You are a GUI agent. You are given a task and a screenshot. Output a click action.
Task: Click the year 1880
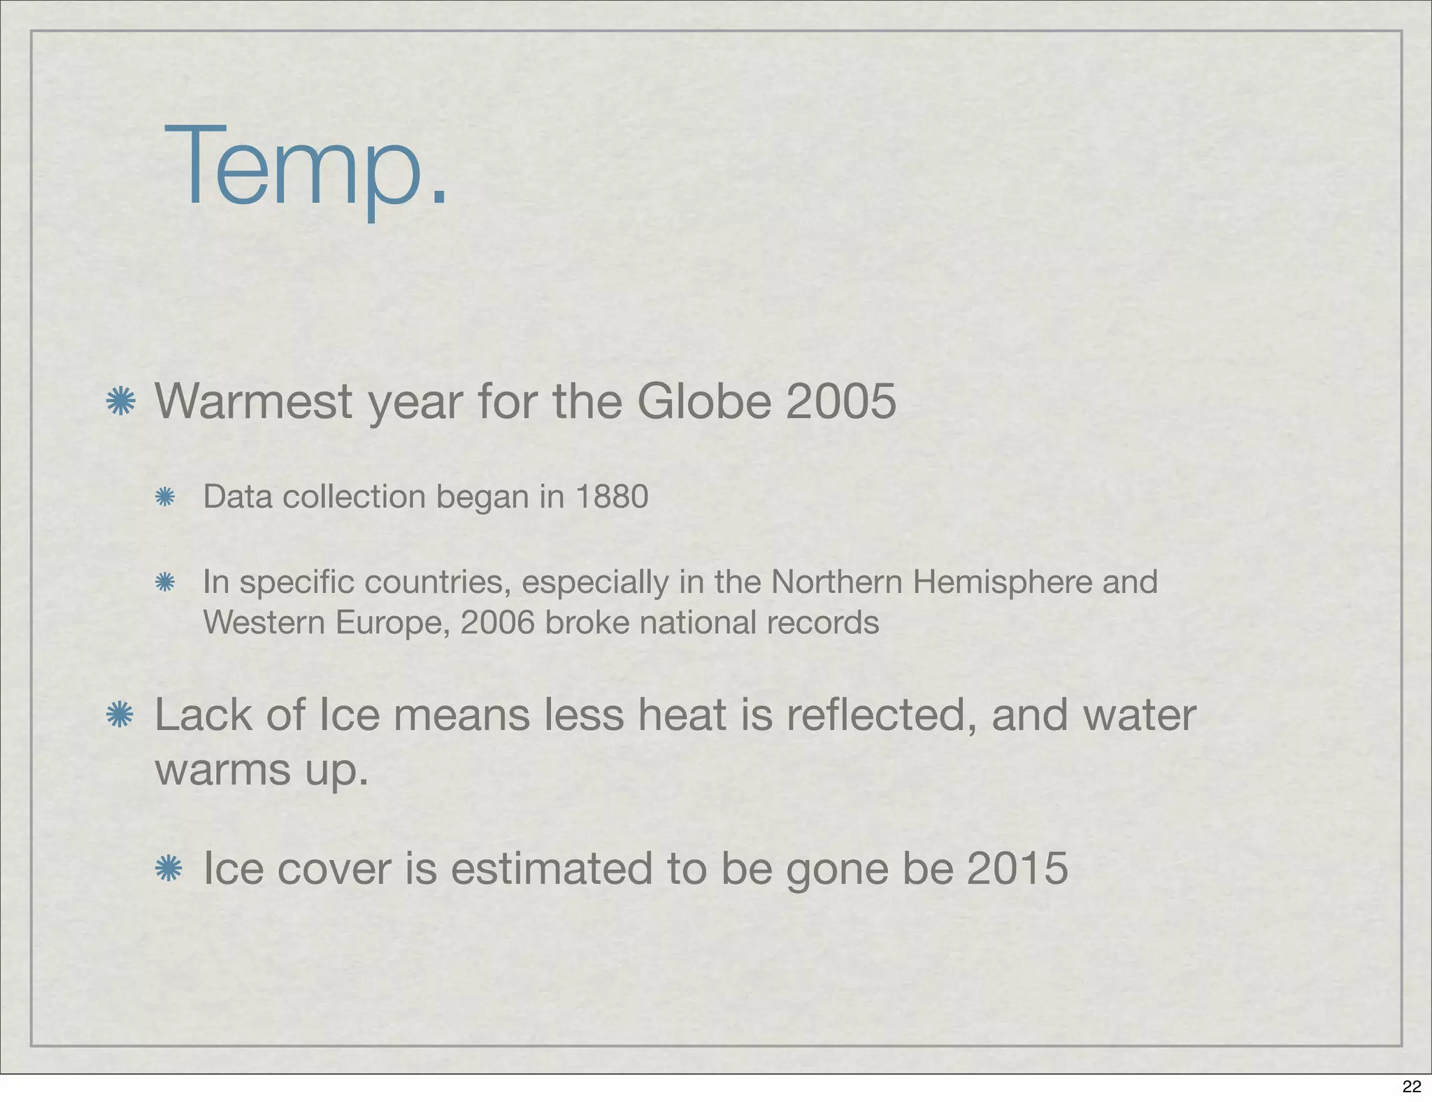pyautogui.click(x=613, y=497)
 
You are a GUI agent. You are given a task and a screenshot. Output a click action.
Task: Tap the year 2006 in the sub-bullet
pyautogui.click(x=497, y=623)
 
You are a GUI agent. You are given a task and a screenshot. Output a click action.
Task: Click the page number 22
pyautogui.click(x=1412, y=1086)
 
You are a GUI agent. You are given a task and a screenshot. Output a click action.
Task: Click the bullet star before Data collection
pyautogui.click(x=164, y=497)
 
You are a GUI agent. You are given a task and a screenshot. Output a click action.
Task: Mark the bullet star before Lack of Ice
pyautogui.click(x=120, y=715)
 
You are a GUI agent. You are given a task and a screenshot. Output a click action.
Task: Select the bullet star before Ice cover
pyautogui.click(x=168, y=868)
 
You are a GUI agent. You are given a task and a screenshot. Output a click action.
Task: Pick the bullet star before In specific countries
pyautogui.click(x=164, y=582)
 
